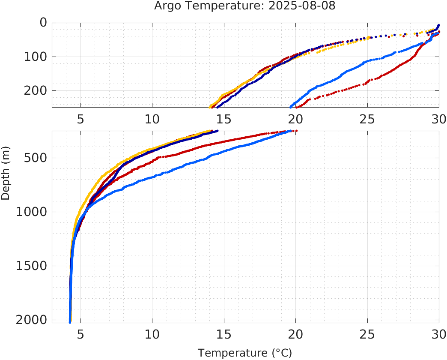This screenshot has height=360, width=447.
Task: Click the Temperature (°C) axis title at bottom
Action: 244,353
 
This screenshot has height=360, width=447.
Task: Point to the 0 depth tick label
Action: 43,22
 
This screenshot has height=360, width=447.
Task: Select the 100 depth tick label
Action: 35,57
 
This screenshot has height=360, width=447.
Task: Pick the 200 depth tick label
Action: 35,90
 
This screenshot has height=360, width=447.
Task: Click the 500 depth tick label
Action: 35,158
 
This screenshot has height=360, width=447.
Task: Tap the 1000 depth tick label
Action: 31,212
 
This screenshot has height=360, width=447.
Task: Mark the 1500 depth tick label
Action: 31,266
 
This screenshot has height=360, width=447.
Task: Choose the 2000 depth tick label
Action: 31,320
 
